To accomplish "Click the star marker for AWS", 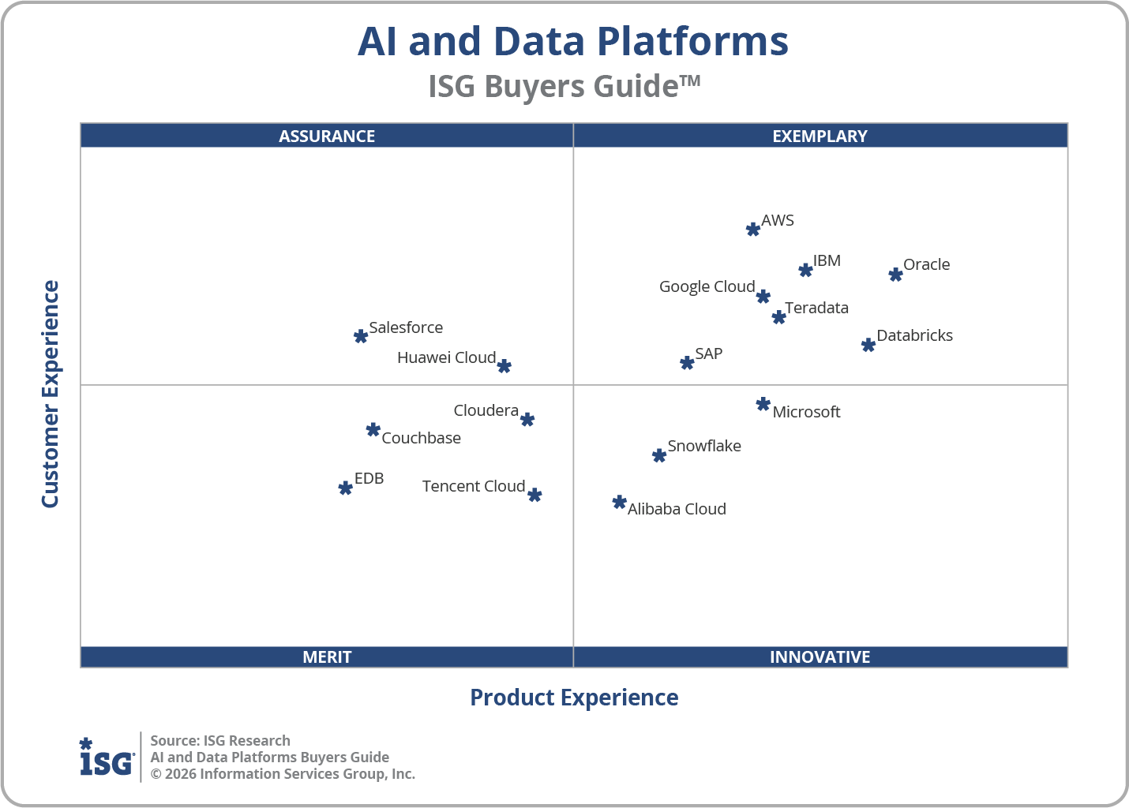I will [753, 230].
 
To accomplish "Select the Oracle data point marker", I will [895, 275].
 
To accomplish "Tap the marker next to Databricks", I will [868, 345].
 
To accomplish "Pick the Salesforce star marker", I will [361, 336].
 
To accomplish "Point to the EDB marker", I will [345, 488].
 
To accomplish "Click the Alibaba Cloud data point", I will [620, 503].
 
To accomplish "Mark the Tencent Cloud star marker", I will [534, 495].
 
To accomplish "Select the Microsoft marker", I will [763, 405].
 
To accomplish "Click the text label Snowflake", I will [704, 446].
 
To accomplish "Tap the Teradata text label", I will [816, 308].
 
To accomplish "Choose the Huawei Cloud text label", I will [446, 357].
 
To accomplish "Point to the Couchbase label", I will [421, 438].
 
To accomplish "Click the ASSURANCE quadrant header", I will [327, 136].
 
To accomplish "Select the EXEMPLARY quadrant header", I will [820, 136].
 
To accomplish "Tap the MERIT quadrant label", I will [327, 656].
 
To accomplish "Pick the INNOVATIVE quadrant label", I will [820, 656].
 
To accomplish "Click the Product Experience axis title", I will [574, 698].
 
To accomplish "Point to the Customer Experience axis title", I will [51, 395].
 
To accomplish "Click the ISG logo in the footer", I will [107, 757].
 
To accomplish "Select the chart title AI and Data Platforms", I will [572, 41].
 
